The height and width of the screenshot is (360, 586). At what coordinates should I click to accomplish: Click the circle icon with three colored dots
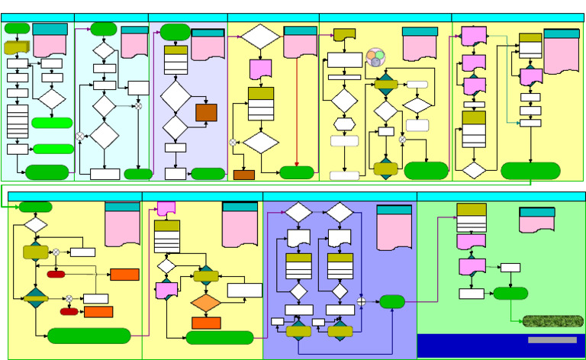(x=376, y=57)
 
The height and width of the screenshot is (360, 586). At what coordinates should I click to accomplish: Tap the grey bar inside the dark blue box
(x=552, y=339)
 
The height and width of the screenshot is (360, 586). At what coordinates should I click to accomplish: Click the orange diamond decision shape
(x=205, y=303)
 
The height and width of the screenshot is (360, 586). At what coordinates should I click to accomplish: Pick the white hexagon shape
(x=344, y=124)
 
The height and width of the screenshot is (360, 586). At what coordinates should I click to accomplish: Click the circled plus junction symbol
(x=362, y=301)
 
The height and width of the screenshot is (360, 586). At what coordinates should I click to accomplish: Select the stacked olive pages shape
(x=16, y=47)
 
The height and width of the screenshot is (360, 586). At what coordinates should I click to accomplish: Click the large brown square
(x=206, y=112)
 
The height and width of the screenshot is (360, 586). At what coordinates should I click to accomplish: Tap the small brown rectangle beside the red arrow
(x=243, y=175)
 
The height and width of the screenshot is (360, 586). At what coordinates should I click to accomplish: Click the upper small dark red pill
(x=56, y=274)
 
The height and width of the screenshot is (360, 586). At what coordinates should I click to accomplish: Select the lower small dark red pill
(x=69, y=311)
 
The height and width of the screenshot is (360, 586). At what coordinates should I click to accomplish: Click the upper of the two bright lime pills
(x=52, y=122)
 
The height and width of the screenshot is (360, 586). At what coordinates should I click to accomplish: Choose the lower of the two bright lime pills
(x=53, y=149)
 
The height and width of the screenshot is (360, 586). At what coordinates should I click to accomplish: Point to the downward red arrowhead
(x=296, y=162)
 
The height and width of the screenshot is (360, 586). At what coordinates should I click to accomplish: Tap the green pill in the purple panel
(x=391, y=301)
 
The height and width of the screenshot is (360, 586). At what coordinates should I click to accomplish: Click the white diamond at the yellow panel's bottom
(x=474, y=170)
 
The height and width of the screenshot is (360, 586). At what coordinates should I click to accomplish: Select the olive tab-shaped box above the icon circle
(x=345, y=35)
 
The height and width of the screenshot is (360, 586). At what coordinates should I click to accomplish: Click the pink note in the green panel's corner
(x=536, y=220)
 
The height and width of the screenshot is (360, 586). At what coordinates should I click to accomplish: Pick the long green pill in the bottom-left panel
(x=89, y=336)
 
